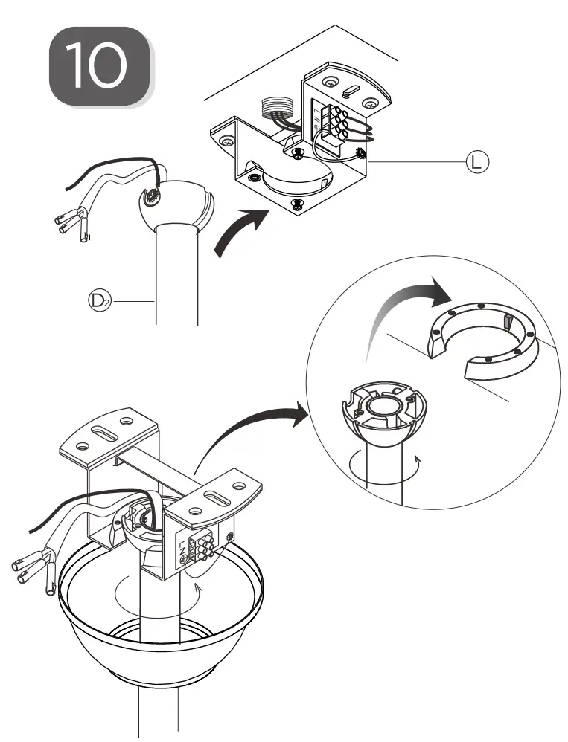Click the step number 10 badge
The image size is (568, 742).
tap(101, 65)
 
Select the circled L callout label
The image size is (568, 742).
tap(475, 161)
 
